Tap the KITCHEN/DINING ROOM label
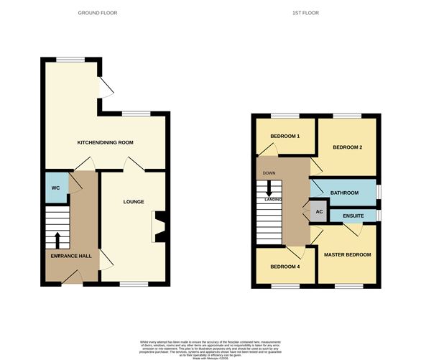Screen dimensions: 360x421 106,142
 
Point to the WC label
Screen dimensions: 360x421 55,188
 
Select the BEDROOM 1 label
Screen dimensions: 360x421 285,137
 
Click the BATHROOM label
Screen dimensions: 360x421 345,193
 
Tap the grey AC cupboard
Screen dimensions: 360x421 319,212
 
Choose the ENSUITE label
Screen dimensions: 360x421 352,216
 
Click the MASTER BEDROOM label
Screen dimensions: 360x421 347,255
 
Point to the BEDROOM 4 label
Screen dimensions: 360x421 285,267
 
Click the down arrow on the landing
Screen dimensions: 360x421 269,188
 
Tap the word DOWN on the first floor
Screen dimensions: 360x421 269,173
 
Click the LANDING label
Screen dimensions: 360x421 272,199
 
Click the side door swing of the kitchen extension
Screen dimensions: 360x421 106,88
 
